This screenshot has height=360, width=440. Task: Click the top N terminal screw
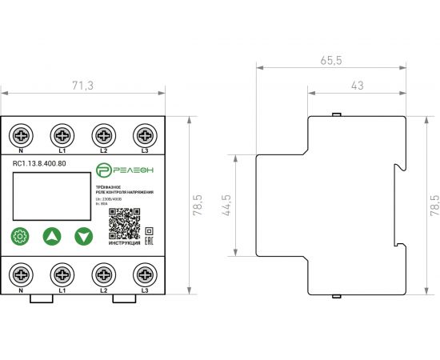20,133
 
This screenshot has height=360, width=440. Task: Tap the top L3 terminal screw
144,133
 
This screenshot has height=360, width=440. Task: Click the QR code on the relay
124,225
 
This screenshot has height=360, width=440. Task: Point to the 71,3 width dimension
82,86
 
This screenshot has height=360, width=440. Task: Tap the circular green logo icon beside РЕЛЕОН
102,170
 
